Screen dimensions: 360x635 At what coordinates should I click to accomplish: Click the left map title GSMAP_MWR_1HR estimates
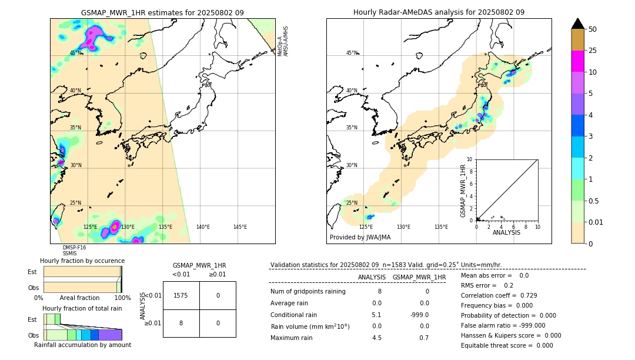tap(162, 12)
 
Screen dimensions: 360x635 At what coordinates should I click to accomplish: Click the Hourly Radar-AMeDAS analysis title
tap(439, 12)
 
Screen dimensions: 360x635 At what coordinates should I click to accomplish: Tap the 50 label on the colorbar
tap(593, 29)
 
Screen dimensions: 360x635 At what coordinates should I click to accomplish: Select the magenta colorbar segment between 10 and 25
tap(578, 61)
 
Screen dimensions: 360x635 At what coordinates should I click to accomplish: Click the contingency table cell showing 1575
tap(181, 295)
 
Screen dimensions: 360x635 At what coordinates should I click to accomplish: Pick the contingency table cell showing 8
tap(181, 323)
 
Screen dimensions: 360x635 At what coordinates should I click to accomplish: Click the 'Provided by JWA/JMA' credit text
tap(360, 237)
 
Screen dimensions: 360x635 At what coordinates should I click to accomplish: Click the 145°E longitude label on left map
tap(240, 227)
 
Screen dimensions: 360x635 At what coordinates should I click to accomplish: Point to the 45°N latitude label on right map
tap(352, 53)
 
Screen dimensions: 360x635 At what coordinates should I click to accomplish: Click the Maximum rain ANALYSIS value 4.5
tap(377, 338)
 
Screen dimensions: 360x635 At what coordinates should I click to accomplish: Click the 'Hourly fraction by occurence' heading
tap(82, 261)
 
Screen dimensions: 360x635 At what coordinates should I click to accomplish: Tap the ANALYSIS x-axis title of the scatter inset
tap(506, 232)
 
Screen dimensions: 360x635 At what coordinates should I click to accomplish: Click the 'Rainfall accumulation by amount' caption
tap(82, 345)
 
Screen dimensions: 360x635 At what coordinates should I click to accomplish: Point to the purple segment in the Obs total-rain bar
tap(110, 335)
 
